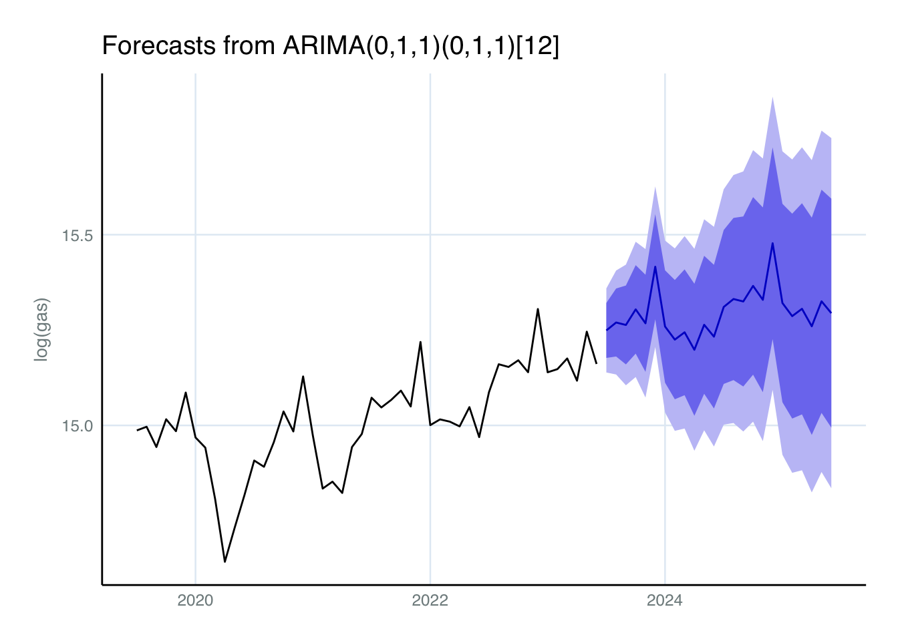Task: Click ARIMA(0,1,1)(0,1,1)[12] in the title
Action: [x=421, y=46]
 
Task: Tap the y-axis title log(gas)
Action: [x=41, y=330]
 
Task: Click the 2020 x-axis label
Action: [x=195, y=601]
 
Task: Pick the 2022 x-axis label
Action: [x=430, y=601]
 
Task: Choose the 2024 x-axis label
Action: [x=665, y=601]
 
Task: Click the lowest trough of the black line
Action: [x=224, y=562]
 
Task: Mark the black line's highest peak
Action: [x=538, y=308]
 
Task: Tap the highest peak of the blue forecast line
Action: [x=772, y=243]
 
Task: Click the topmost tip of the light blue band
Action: [x=772, y=97]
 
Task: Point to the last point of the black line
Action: [x=596, y=363]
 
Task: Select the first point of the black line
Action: [x=137, y=430]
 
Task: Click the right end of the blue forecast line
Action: [x=831, y=312]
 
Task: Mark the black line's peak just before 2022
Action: [x=420, y=342]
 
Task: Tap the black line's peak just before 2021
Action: [x=303, y=377]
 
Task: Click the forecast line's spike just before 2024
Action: [x=655, y=266]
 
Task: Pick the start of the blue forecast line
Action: [x=606, y=330]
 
